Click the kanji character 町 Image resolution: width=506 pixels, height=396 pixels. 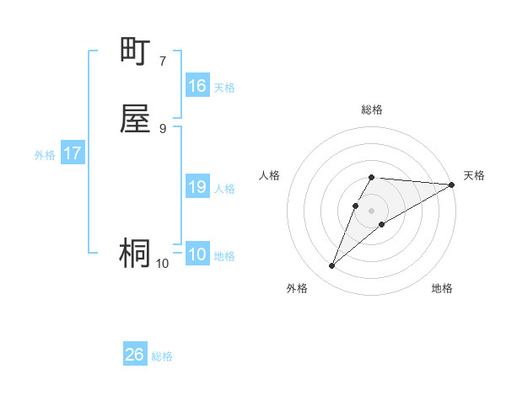135,52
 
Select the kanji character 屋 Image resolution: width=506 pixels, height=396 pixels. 135,119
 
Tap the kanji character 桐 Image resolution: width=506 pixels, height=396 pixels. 135,253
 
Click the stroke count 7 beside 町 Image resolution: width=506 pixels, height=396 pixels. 162,61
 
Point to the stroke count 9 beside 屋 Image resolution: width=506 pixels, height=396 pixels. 162,127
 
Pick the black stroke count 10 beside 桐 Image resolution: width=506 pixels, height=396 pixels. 162,263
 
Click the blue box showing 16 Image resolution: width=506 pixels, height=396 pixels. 196,86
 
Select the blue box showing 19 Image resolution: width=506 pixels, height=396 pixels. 196,187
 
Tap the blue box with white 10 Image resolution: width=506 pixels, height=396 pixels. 196,254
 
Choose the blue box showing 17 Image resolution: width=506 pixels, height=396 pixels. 72,153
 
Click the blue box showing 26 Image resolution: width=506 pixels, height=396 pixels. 134,355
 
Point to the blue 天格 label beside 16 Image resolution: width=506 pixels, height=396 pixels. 224,88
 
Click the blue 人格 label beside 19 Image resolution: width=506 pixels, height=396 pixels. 224,189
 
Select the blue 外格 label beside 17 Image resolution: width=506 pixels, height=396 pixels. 45,155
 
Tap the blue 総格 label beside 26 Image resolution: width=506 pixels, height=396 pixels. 162,356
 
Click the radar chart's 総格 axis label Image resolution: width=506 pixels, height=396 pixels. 372,110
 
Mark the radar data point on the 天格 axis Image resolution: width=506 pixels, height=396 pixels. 451,185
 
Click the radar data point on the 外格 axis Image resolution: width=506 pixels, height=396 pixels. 331,266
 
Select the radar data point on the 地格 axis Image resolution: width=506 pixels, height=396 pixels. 382,224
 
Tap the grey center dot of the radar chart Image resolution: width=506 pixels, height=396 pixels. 372,210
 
